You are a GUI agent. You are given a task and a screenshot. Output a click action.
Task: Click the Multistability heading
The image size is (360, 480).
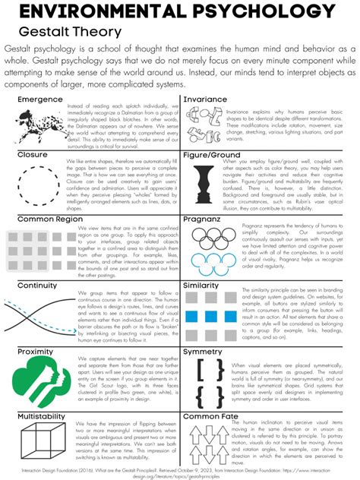coord(45,416)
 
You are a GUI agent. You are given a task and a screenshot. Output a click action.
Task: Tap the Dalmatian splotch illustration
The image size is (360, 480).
coord(38,125)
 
